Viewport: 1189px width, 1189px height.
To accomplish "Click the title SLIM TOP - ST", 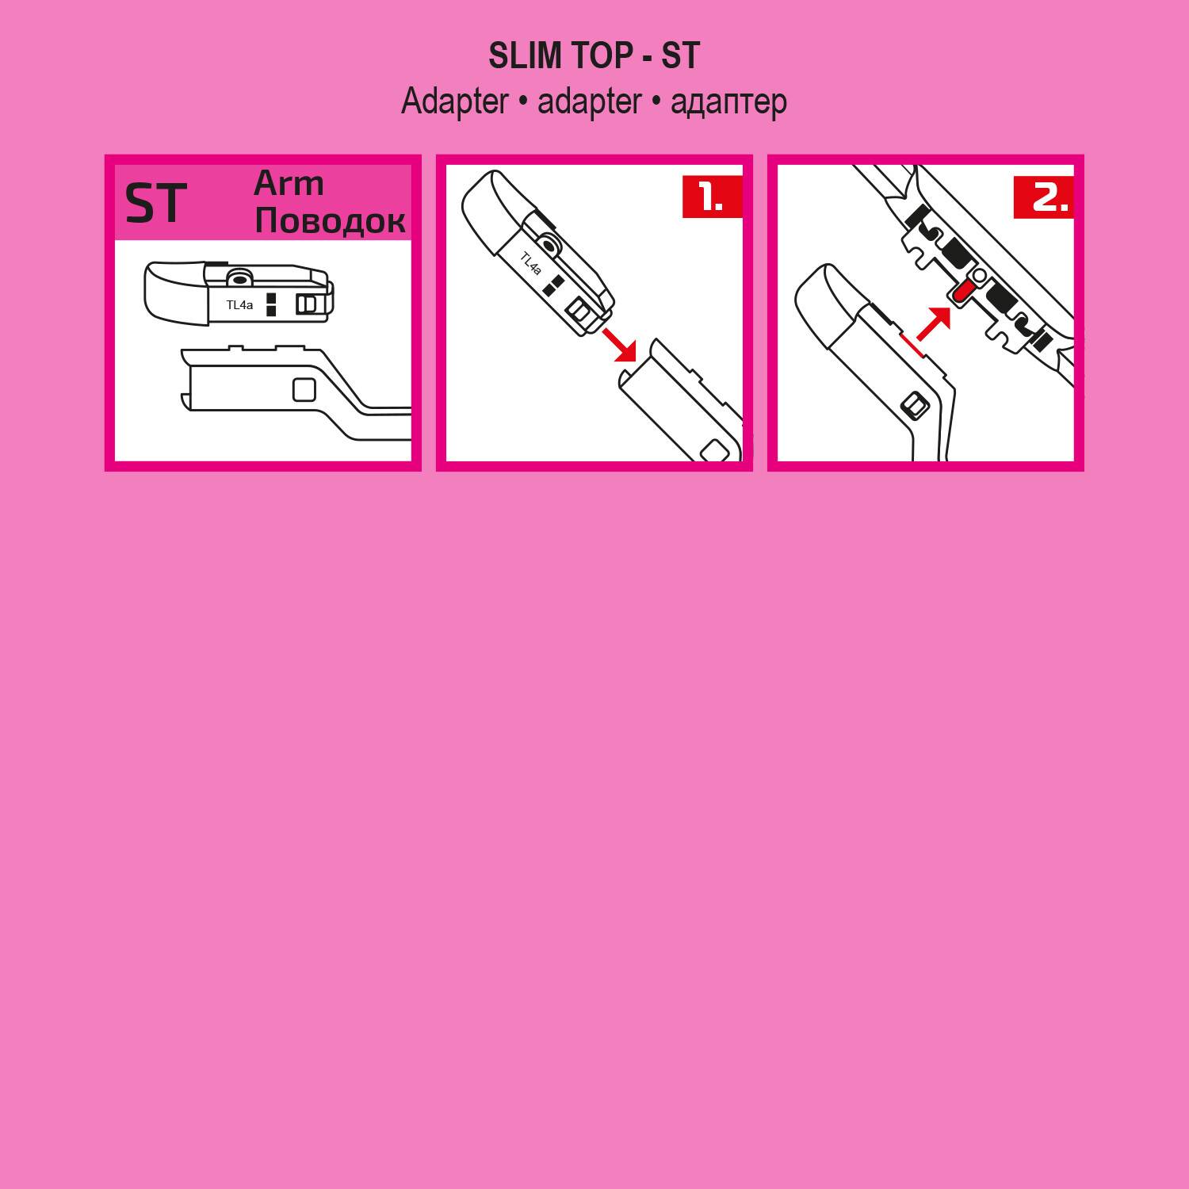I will coord(594,55).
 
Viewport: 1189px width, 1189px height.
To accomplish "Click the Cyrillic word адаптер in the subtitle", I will coord(728,102).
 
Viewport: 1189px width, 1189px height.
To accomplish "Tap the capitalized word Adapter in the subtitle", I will coord(454,102).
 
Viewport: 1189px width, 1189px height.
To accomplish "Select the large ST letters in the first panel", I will coord(156,203).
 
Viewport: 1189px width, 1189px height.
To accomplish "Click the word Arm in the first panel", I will coord(289,184).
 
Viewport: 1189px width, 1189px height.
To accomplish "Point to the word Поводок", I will coord(330,220).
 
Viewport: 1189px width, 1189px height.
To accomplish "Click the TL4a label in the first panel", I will coord(239,305).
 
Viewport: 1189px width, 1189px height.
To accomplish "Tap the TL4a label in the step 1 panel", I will coord(530,263).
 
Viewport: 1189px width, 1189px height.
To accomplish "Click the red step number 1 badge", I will coord(712,197).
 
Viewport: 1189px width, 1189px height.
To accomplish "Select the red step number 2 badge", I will coord(1043,197).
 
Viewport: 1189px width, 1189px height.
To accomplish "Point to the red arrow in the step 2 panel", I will coord(933,324).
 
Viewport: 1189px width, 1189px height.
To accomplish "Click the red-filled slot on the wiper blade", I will coord(962,292).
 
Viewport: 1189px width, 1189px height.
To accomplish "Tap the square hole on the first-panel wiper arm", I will coord(304,390).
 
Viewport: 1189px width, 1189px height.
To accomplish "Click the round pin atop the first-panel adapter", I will coord(237,277).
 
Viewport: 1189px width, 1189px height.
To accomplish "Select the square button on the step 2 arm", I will coord(915,406).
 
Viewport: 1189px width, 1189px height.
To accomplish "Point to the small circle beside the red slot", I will coord(980,275).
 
